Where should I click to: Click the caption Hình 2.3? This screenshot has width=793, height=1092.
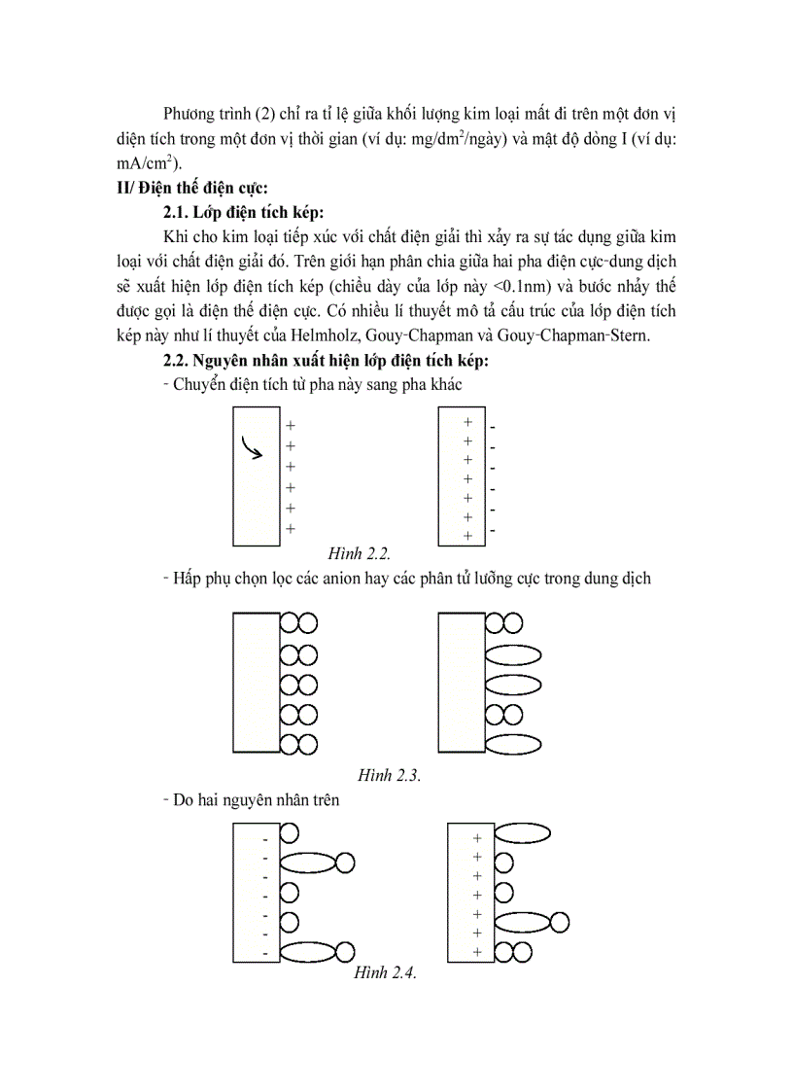coord(389,775)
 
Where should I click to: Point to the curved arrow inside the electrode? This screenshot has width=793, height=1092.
coord(253,448)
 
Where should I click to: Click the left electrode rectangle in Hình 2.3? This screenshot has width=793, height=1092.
coord(257,683)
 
